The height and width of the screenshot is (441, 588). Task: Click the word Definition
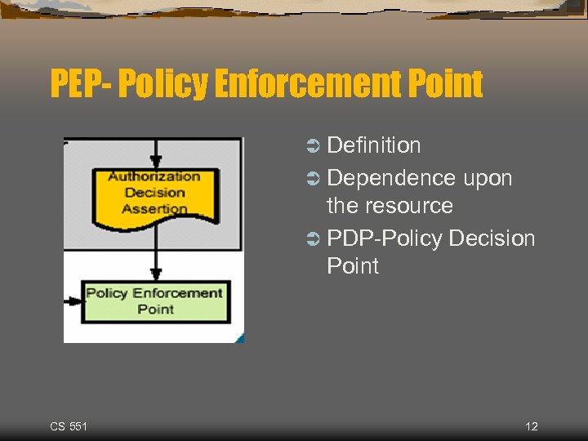373,145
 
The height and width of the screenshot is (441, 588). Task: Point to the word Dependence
391,178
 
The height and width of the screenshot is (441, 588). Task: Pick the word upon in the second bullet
488,178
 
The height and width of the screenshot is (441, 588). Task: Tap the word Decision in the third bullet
492,238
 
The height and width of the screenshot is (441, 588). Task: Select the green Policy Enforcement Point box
155,301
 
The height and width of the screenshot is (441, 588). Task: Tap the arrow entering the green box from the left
73,301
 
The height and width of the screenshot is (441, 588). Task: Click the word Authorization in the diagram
154,176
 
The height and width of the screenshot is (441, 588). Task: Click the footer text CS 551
69,426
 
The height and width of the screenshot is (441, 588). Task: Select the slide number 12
532,426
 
